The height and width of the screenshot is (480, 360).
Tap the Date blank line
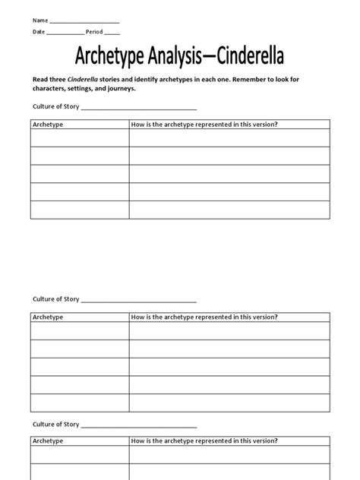click(x=65, y=34)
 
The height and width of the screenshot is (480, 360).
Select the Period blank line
click(x=112, y=34)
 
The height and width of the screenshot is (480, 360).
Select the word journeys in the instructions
click(x=118, y=88)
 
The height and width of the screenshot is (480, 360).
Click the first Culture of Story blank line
click(x=139, y=109)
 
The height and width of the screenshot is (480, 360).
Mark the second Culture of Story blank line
click(x=139, y=302)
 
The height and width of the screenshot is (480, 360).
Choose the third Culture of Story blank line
click(x=139, y=426)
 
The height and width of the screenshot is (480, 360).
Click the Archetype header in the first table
click(x=48, y=124)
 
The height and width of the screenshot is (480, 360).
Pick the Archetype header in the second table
click(x=48, y=316)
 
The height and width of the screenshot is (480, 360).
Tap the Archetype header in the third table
click(x=48, y=441)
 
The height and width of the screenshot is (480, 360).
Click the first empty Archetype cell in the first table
click(x=80, y=137)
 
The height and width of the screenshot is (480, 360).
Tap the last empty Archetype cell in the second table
click(x=80, y=404)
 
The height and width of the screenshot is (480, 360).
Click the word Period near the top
click(x=95, y=33)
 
